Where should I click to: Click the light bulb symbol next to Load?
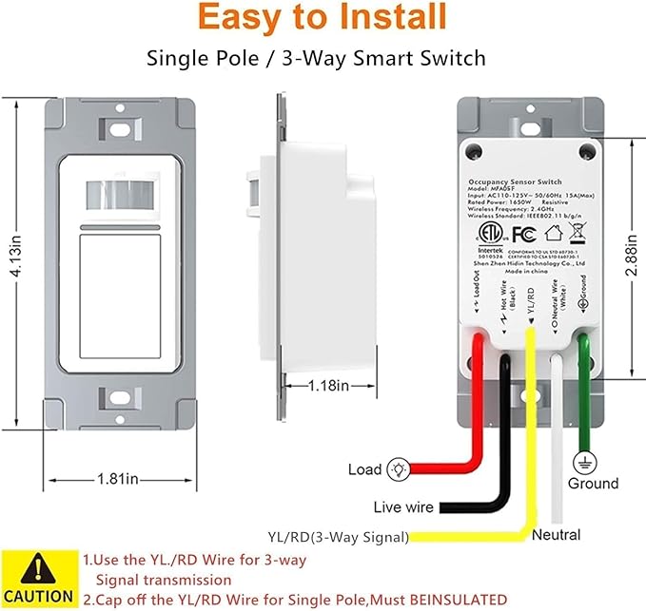tap(401, 468)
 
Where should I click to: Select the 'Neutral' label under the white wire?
tap(557, 535)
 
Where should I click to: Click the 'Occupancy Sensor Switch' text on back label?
tap(519, 180)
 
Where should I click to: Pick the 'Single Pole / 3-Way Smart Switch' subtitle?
tap(316, 59)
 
